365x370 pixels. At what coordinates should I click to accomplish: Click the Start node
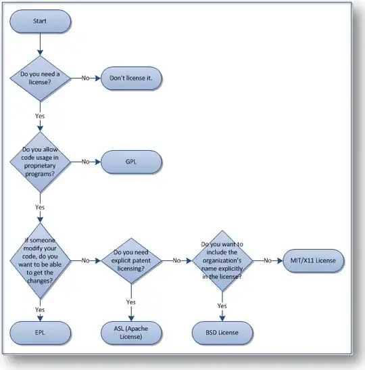pyautogui.click(x=41, y=21)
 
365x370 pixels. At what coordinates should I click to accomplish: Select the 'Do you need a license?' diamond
pyautogui.click(x=40, y=78)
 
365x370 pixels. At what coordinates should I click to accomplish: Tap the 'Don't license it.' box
pyautogui.click(x=131, y=78)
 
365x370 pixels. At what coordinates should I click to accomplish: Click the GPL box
pyautogui.click(x=131, y=162)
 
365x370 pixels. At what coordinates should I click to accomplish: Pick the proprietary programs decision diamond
pyautogui.click(x=40, y=162)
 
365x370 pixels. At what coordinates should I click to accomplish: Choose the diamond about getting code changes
pyautogui.click(x=40, y=260)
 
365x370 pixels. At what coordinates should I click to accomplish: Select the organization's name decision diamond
pyautogui.click(x=222, y=260)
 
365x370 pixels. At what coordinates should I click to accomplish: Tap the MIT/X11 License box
pyautogui.click(x=314, y=260)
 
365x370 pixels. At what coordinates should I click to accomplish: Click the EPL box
pyautogui.click(x=41, y=333)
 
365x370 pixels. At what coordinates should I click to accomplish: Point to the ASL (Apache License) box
pyautogui.click(x=131, y=333)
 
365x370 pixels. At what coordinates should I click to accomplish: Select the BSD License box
pyautogui.click(x=222, y=333)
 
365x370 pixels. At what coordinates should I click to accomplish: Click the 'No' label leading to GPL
pyautogui.click(x=86, y=162)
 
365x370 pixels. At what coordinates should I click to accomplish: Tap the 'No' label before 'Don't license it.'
pyautogui.click(x=86, y=78)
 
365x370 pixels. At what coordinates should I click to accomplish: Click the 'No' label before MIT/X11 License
pyautogui.click(x=268, y=260)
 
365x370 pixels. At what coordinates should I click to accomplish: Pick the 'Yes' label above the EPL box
pyautogui.click(x=40, y=309)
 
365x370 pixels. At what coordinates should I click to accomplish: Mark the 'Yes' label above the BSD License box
pyautogui.click(x=222, y=306)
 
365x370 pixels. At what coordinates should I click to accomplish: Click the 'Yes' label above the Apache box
pyautogui.click(x=131, y=302)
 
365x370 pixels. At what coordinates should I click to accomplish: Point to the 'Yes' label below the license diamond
pyautogui.click(x=40, y=116)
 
